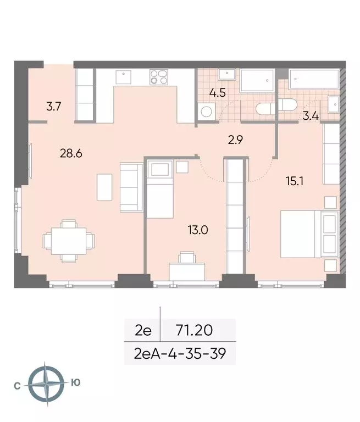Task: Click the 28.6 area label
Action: (x=71, y=153)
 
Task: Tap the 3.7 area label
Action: (x=53, y=107)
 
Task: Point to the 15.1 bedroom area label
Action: (x=294, y=180)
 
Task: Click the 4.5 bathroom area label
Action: (x=218, y=92)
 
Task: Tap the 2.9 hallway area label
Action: (x=235, y=140)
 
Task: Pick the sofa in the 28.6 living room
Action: (x=131, y=187)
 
